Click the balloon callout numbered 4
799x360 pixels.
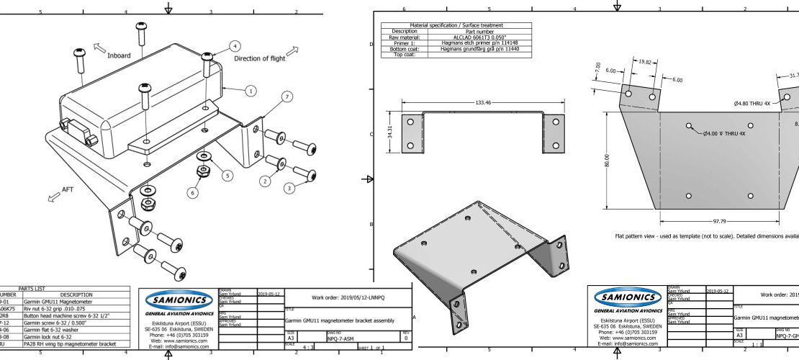pyautogui.click(x=235, y=45)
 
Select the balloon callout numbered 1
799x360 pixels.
pyautogui.click(x=250, y=91)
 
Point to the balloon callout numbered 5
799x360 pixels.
pyautogui.click(x=228, y=175)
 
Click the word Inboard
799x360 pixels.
pyautogui.click(x=119, y=55)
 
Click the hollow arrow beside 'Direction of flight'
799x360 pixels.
pyautogui.click(x=292, y=51)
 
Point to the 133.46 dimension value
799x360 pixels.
pyautogui.click(x=483, y=102)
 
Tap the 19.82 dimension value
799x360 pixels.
pyautogui.click(x=645, y=62)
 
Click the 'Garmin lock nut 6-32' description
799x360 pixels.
pyautogui.click(x=48, y=337)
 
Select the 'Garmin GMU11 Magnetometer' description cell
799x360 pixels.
pyautogui.click(x=58, y=302)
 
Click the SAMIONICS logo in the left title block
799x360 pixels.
pyautogui.click(x=177, y=299)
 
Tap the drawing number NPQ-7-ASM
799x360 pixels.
pyautogui.click(x=341, y=337)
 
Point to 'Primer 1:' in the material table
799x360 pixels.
pyautogui.click(x=404, y=42)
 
